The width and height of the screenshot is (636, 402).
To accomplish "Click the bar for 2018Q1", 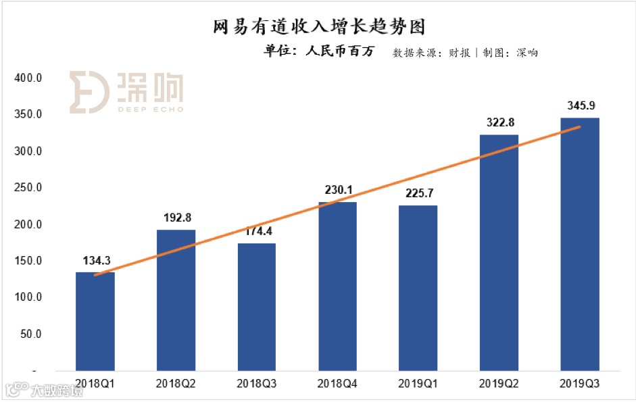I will pos(95,321).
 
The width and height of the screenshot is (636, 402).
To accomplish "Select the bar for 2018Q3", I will pos(257,307).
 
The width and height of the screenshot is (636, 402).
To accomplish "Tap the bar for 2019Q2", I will pos(499,253).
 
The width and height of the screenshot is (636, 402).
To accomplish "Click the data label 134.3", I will pos(95,261).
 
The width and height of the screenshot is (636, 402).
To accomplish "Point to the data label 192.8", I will pos(176,218).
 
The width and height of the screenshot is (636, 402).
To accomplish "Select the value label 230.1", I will pos(338,191).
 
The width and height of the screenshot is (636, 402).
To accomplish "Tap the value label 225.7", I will pos(418,194).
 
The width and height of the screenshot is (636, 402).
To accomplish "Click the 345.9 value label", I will pos(580,106).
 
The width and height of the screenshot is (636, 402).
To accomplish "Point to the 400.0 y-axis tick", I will pos(28,78).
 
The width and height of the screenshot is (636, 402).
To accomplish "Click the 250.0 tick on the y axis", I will pos(28,188).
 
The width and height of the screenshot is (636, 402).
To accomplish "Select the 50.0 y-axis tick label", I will pos(31,334).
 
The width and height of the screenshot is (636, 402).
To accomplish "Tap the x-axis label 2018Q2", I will pos(176,383).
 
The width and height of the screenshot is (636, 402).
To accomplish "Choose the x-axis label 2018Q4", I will pos(338,383).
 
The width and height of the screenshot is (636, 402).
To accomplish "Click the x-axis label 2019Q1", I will pos(418,383).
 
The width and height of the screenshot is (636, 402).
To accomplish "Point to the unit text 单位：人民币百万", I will pos(318,52).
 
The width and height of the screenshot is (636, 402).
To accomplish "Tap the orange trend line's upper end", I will pos(579,127).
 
